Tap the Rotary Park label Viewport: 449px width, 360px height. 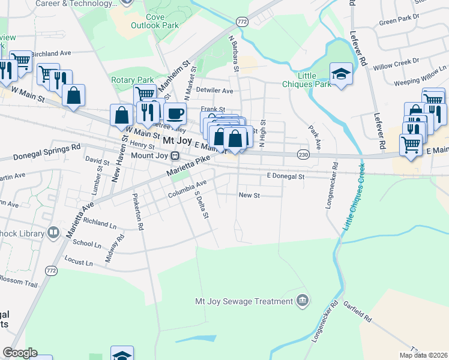tap(133, 80)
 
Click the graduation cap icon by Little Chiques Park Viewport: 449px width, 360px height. tap(341, 74)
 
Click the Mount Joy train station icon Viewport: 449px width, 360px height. tap(175, 156)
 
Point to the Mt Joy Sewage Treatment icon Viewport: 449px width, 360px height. tap(303, 300)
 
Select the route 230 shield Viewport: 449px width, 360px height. tap(303, 155)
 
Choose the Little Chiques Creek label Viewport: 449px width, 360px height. tap(355, 196)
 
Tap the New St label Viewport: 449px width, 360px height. tap(249, 196)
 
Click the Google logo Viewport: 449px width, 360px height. tap(20, 353)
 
